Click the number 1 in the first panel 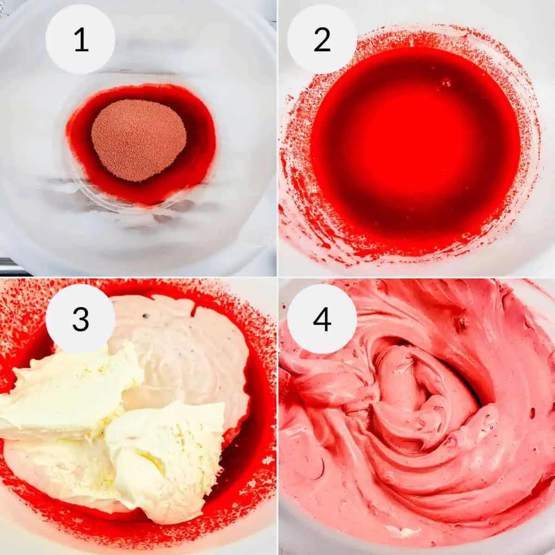(x=80, y=40)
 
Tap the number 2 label (x=322, y=40)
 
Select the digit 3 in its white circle (x=80, y=319)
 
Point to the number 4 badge (x=322, y=319)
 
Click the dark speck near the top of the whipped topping (x=147, y=316)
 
